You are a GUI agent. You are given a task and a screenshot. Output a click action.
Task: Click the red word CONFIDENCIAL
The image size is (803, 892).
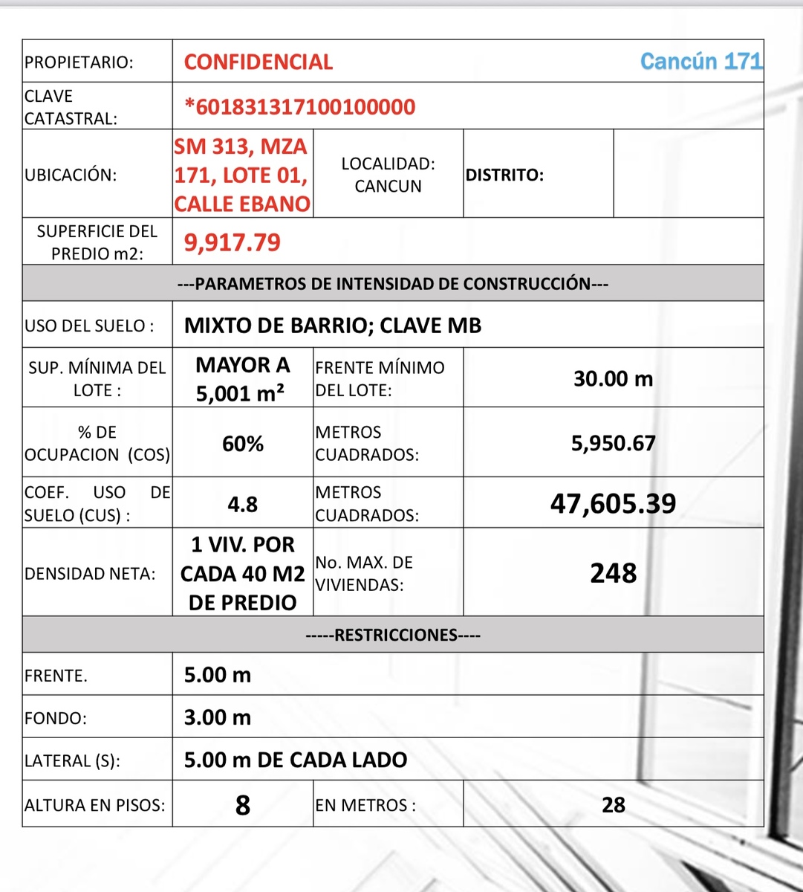coord(259,62)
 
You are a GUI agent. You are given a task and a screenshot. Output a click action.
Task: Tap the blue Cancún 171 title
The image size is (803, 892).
coord(701,61)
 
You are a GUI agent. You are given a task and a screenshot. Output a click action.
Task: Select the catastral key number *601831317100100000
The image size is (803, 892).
coord(300,107)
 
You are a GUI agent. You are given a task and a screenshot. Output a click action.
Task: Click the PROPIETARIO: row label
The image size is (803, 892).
coord(79,62)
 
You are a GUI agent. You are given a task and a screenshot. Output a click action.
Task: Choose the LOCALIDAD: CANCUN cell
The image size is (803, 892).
coord(388,175)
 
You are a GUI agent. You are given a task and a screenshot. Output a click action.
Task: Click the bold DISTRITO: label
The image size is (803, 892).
coord(504,175)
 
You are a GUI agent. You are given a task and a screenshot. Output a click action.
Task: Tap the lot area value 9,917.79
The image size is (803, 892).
coord(233,242)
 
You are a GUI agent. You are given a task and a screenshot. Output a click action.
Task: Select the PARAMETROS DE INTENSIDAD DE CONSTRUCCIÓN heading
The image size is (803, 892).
coord(393,284)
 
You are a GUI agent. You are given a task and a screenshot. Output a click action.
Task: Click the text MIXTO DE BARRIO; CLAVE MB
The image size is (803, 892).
coord(333,326)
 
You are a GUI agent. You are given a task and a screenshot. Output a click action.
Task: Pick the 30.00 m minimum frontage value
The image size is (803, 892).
coord(614,379)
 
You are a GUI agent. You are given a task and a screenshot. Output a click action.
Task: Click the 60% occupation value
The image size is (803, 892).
coord(243,444)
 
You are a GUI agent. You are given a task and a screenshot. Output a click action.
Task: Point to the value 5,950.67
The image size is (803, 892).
coord(614,444)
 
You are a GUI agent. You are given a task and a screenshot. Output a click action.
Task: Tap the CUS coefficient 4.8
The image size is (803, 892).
coord(243,505)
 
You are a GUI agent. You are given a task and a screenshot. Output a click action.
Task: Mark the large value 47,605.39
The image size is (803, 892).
coord(614,504)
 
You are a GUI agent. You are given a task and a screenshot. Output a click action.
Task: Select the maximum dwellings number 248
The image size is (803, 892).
coord(614,573)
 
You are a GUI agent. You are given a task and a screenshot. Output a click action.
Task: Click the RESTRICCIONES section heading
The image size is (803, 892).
coord(393,636)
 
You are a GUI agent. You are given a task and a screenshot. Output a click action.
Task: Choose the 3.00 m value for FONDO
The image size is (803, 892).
coord(218,717)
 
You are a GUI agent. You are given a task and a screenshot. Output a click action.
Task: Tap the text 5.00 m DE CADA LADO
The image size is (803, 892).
coord(296,760)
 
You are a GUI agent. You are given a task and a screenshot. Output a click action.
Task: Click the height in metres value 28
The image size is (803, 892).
coord(614,805)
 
